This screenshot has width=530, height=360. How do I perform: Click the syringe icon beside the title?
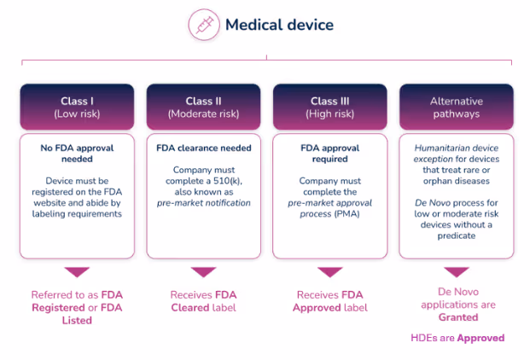(204, 25)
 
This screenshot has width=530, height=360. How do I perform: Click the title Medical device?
(280, 25)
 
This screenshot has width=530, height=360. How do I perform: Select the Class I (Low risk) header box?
(77, 107)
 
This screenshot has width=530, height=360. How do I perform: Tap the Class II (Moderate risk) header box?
(203, 107)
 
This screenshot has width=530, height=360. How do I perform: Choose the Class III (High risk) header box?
(330, 107)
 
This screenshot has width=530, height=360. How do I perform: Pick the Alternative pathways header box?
(457, 107)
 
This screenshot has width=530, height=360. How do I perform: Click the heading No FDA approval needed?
(77, 154)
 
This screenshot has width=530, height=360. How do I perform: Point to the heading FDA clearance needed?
(204, 148)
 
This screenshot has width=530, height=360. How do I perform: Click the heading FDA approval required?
(330, 154)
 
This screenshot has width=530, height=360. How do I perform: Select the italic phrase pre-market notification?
(204, 203)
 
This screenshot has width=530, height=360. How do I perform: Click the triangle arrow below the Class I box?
(77, 272)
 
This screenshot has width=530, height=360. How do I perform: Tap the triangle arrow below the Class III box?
(330, 272)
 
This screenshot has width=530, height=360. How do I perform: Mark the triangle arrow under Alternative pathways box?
(457, 272)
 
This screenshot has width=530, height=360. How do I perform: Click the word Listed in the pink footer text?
(77, 320)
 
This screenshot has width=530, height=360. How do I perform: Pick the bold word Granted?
(458, 317)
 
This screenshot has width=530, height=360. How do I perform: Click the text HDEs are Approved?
(457, 338)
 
